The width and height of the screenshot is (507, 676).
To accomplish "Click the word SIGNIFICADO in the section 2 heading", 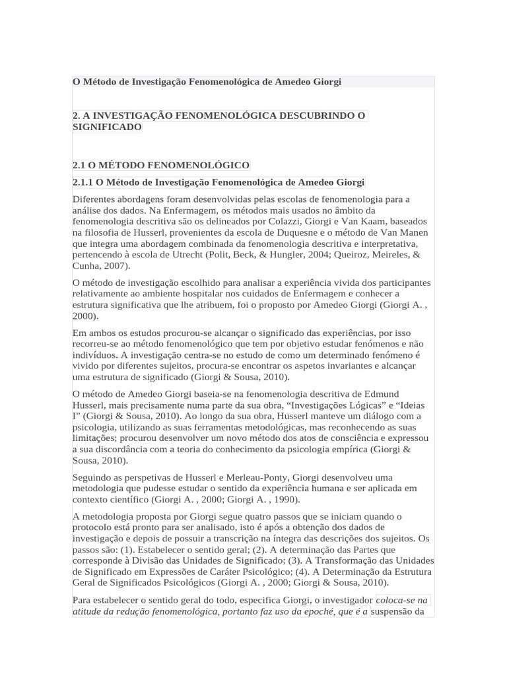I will pyautogui.click(x=107, y=127).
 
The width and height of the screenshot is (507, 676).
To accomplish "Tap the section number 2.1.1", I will pyautogui.click(x=83, y=182).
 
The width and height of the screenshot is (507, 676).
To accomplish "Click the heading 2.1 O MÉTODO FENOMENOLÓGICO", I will pyautogui.click(x=161, y=164).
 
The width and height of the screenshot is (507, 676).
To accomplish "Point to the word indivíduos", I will pyautogui.click(x=95, y=355).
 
